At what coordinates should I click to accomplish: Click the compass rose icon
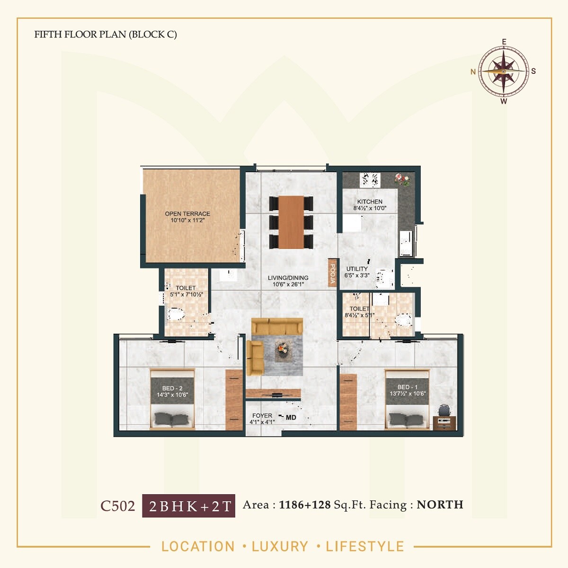click(x=504, y=71)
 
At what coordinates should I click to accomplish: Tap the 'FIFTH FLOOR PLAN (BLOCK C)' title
click(x=106, y=35)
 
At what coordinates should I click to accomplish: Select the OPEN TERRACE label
click(x=187, y=214)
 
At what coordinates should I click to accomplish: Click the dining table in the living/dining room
click(x=291, y=222)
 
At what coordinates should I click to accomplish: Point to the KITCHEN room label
click(x=370, y=202)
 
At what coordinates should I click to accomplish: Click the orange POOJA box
click(x=333, y=273)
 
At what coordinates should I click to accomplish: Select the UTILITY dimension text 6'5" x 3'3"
click(x=357, y=275)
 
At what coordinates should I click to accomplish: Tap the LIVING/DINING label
click(x=288, y=278)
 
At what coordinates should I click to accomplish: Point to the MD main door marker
click(x=291, y=417)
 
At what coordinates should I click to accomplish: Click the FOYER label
click(x=262, y=416)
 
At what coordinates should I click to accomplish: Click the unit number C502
click(x=117, y=506)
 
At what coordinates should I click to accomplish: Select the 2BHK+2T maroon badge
click(x=188, y=506)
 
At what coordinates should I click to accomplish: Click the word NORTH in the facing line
click(x=440, y=505)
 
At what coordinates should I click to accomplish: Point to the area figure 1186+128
click(x=305, y=505)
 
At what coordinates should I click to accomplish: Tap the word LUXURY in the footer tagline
click(x=280, y=546)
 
